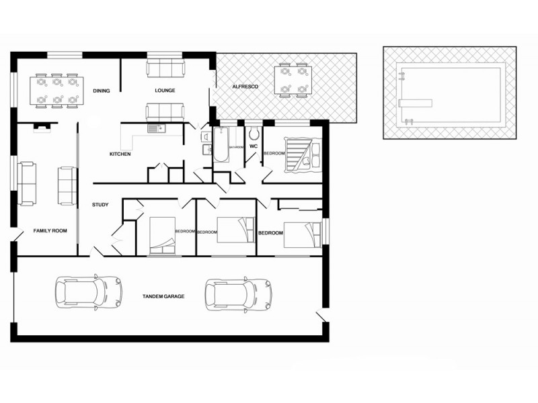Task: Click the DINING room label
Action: pos(102,91)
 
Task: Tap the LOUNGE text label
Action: pos(165,91)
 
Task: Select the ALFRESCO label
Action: pos(242,87)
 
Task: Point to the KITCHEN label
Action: pos(120,154)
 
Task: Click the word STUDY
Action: pos(100,205)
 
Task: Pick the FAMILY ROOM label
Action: pos(50,231)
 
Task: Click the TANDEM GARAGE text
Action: pos(163,296)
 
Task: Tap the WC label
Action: pos(254,146)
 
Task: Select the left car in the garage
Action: pos(89,292)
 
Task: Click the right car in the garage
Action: pos(239,293)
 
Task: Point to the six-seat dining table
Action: pos(56,91)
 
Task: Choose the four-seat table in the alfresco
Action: pos(293,80)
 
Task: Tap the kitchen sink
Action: pos(156,128)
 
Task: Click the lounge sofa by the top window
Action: pos(165,67)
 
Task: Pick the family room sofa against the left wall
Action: pos(28,183)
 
